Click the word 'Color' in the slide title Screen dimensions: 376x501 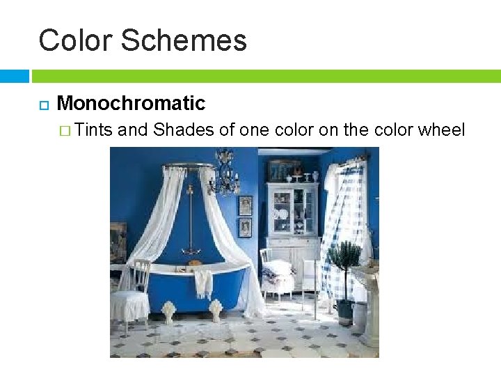74,40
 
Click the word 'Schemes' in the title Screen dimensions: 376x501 184,40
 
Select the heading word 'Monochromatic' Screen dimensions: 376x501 131,104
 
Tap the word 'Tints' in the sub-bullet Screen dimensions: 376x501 95,130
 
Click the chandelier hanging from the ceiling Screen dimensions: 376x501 224,174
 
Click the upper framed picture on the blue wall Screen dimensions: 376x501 246,205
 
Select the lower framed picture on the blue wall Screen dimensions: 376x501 245,228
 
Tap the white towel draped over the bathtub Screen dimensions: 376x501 202,282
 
